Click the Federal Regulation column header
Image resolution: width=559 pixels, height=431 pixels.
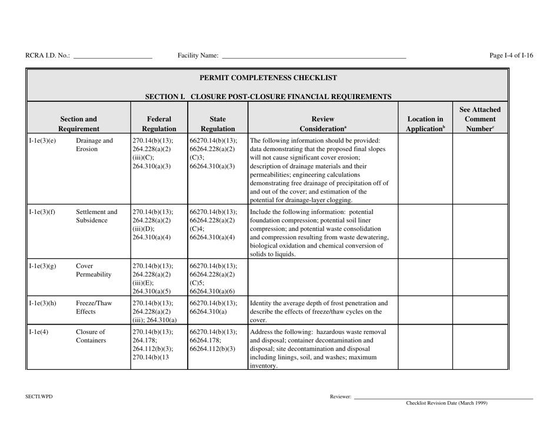[x=155, y=119]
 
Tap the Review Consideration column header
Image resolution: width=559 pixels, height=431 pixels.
[x=322, y=119]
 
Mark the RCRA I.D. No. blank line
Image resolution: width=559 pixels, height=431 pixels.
[x=112, y=56]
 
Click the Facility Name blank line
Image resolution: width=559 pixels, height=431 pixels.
[x=313, y=56]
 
